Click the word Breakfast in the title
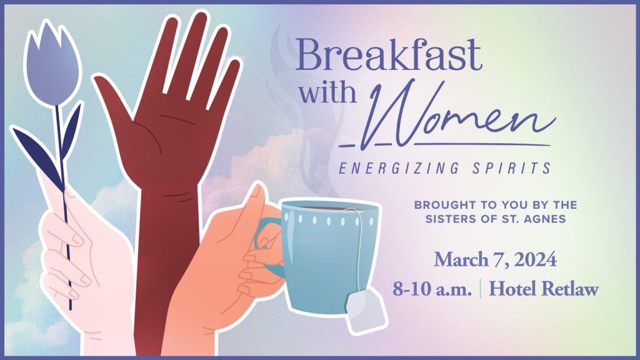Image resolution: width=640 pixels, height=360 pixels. click(x=389, y=55)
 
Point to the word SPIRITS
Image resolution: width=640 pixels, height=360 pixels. click(x=512, y=168)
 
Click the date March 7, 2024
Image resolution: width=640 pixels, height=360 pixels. click(x=495, y=259)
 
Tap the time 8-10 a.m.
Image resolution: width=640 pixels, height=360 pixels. click(x=432, y=289)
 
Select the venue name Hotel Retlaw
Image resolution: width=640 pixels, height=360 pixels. click(x=544, y=289)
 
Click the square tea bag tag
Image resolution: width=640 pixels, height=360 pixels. click(x=366, y=309)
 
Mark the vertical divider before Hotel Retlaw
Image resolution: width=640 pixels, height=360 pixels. click(x=481, y=289)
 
